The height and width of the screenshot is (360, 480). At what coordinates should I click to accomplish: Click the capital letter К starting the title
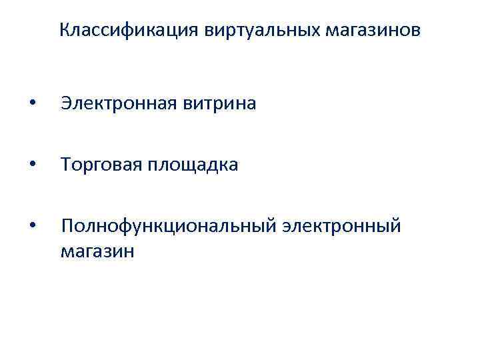[64, 30]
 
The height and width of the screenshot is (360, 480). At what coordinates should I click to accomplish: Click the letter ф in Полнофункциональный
[121, 227]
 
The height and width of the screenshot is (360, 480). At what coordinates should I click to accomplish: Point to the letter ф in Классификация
[129, 31]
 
